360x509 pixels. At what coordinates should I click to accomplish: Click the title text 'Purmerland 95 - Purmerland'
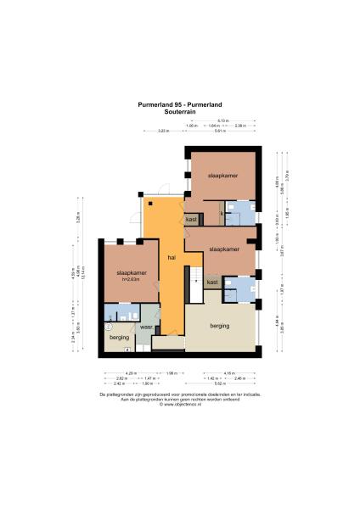coord(180,104)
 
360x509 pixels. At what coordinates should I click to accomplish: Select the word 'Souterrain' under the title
coord(180,110)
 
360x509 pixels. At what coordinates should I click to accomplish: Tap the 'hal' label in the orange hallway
coord(172,256)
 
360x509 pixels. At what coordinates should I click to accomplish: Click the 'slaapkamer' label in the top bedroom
coord(222,175)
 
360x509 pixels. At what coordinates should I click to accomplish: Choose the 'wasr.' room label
coord(147,326)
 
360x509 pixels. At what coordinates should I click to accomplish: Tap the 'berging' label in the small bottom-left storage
coord(119,337)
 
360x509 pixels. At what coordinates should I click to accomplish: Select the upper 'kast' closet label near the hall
coord(191,219)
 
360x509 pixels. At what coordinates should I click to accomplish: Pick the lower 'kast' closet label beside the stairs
coord(212,282)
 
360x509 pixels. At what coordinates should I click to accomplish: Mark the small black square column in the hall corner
coord(149,203)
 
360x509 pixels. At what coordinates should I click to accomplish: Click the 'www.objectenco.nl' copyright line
coord(180,404)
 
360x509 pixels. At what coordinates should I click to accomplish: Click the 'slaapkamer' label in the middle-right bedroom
coord(223,250)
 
